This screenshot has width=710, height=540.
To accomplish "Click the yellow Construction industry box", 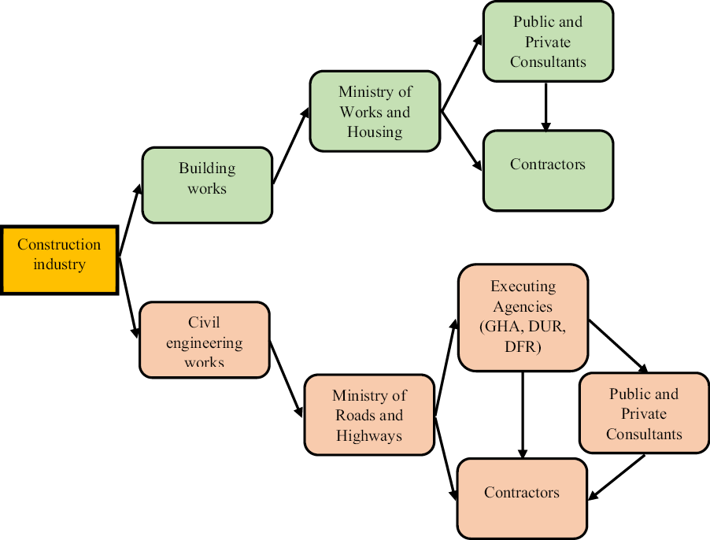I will pyautogui.click(x=59, y=260).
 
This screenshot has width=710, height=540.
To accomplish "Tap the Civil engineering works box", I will pyautogui.click(x=205, y=340).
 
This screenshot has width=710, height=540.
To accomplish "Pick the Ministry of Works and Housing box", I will pyautogui.click(x=375, y=111).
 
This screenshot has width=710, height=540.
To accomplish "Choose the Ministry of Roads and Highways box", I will pyautogui.click(x=368, y=415).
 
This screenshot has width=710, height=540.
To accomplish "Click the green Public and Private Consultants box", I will pyautogui.click(x=548, y=41).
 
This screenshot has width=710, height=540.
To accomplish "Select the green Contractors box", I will pyautogui.click(x=548, y=169).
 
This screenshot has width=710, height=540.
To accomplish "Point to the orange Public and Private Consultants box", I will pyautogui.click(x=644, y=412).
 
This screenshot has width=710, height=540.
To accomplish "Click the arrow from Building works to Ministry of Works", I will pyautogui.click(x=290, y=149).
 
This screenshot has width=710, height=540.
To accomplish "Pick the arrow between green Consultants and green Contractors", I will pyautogui.click(x=545, y=106).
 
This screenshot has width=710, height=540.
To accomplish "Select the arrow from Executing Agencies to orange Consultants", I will pyautogui.click(x=618, y=346).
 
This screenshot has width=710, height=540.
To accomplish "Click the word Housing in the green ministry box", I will pyautogui.click(x=375, y=131).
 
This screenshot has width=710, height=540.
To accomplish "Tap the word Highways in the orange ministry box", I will pyautogui.click(x=368, y=435).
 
